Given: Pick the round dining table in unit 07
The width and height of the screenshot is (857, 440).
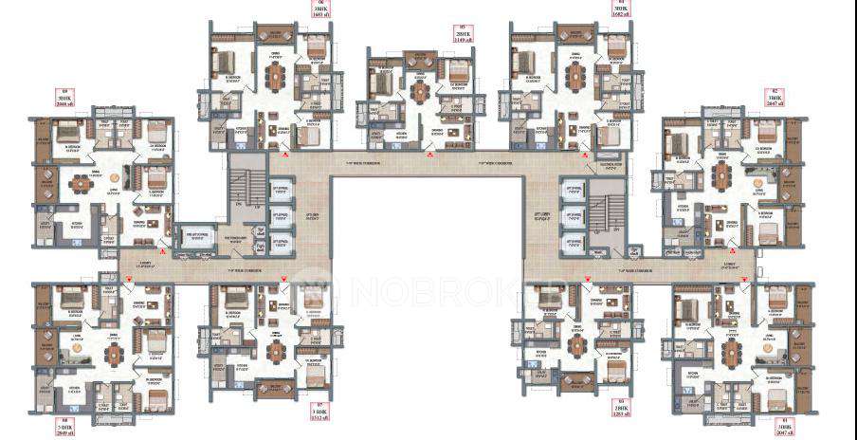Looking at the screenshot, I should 276,350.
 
